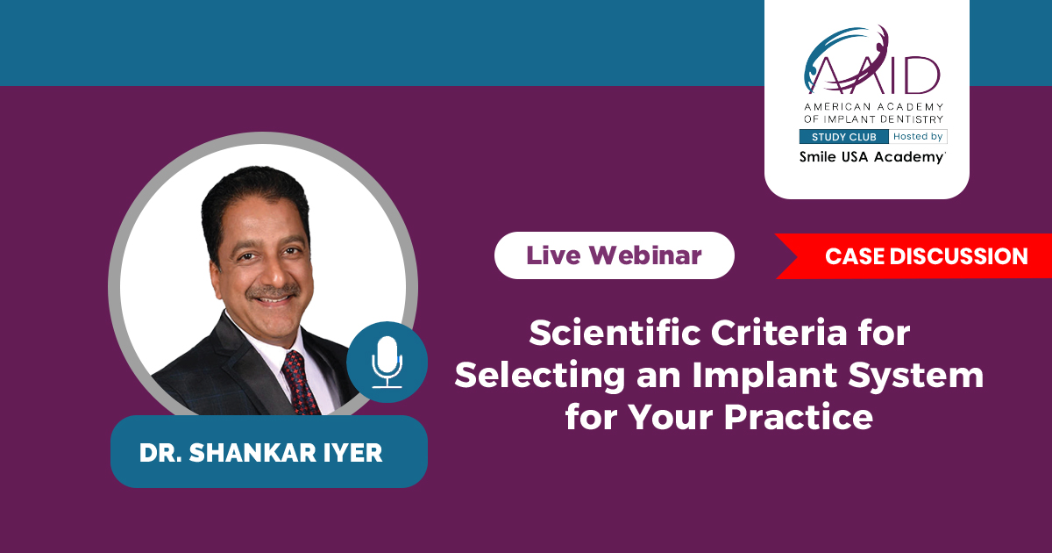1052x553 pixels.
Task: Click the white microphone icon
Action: [387, 362]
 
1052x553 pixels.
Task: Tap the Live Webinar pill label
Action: [614, 255]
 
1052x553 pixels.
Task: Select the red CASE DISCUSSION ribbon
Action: [913, 256]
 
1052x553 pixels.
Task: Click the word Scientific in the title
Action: [615, 333]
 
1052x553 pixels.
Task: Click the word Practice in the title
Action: [799, 417]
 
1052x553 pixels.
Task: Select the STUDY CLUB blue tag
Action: [844, 137]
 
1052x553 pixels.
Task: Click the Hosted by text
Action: [918, 136]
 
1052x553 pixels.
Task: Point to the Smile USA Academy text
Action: [872, 157]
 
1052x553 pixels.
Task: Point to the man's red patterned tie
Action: [301, 383]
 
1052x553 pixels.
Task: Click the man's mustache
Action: [274, 292]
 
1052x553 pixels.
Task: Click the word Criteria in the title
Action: [779, 333]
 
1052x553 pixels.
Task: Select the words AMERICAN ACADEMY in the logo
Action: [873, 107]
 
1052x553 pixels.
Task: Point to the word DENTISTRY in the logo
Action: [912, 119]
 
